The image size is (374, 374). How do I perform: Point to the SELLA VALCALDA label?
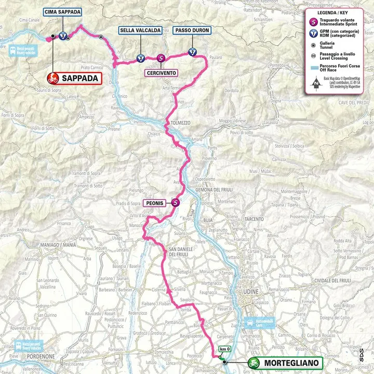pyautogui.click(x=140, y=31)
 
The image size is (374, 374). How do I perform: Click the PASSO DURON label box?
pyautogui.click(x=192, y=31)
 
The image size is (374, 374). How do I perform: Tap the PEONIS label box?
pyautogui.click(x=156, y=204)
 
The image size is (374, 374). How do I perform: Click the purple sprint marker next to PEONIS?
pyautogui.click(x=176, y=204)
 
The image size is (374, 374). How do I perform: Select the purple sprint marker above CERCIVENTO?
pyautogui.click(x=161, y=59)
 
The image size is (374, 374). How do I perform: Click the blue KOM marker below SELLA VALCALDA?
pyautogui.click(x=140, y=58)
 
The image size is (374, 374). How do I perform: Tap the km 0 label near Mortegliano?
pyautogui.click(x=224, y=349)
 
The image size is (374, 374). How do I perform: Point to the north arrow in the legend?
pyautogui.click(x=316, y=82)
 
